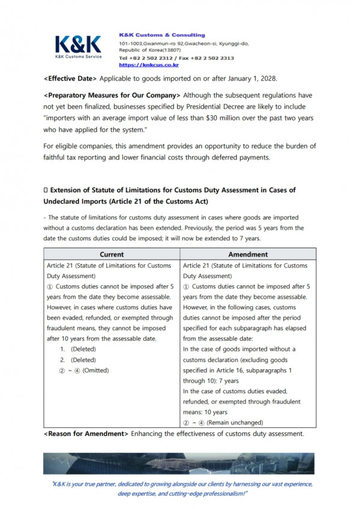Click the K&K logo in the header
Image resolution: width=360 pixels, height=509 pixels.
tap(79, 45)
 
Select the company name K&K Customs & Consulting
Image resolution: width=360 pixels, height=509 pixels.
tap(162, 35)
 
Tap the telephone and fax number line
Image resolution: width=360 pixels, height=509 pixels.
tap(176, 58)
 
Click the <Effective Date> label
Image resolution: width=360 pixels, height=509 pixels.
tap(70, 79)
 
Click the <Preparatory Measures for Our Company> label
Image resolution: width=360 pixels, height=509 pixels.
tap(112, 95)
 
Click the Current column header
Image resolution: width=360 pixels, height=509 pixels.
tap(112, 255)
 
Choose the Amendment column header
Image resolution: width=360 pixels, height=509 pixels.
tap(249, 255)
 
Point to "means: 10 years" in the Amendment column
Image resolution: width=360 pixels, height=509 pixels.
tap(205, 412)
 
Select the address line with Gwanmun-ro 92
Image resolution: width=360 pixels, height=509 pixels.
tap(184, 44)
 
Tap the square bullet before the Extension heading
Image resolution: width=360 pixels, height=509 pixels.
tap(46, 190)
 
